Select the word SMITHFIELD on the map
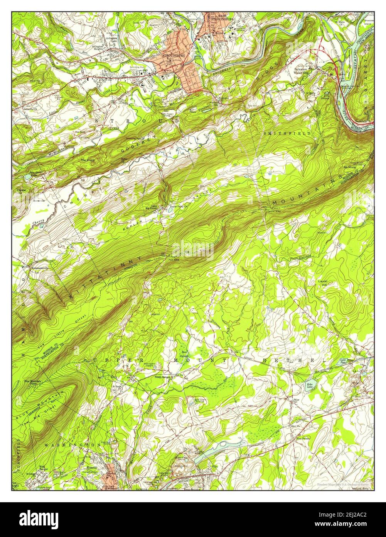(x=287, y=133)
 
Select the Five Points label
(x=303, y=438)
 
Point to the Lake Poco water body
(x=343, y=361)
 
